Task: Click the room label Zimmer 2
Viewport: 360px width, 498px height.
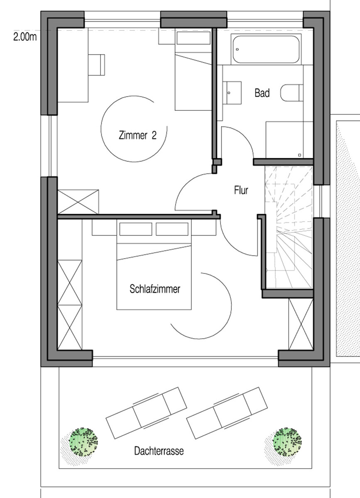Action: [x=137, y=136]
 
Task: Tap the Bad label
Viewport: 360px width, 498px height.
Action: [x=262, y=93]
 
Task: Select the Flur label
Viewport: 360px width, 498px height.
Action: [x=241, y=191]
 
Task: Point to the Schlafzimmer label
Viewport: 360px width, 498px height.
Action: [x=155, y=289]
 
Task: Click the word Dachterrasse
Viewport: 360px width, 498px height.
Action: [x=159, y=450]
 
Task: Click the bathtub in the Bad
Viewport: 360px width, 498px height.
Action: [x=266, y=50]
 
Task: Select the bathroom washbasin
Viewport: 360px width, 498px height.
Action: [x=233, y=92]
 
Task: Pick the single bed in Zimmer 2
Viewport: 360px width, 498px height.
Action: [x=193, y=79]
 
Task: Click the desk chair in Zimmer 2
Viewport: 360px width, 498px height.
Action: [x=97, y=65]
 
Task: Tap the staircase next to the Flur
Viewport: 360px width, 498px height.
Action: [x=289, y=226]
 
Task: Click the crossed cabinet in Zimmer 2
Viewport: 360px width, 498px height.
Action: [x=78, y=201]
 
